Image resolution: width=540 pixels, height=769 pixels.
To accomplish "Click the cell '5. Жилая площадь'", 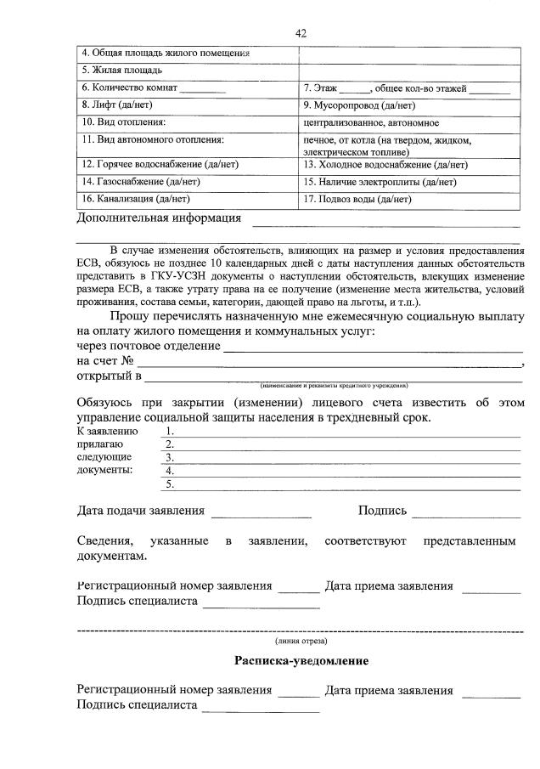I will click(187, 71).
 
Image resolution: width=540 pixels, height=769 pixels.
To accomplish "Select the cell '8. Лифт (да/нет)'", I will click(187, 105).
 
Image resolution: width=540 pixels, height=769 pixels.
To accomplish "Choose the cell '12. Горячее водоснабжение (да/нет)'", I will click(187, 165).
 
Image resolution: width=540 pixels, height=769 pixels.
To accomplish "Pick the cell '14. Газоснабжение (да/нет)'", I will click(187, 182).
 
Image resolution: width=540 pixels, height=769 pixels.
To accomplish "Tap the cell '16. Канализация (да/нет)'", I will click(187, 199).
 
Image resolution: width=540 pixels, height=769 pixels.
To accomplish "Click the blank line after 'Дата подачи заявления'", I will click(261, 514).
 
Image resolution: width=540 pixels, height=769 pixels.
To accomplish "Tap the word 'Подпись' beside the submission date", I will click(382, 511).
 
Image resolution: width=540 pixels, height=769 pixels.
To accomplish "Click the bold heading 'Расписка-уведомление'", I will click(301, 661).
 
